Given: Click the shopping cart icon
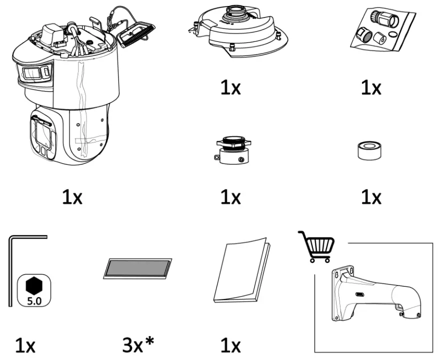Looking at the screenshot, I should (317, 246).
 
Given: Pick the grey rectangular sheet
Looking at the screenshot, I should (137, 268).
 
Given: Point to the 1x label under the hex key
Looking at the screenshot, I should (25, 345).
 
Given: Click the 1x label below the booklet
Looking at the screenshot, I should (230, 345).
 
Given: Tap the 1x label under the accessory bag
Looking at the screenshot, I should (371, 88).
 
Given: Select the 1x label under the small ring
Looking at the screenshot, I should (371, 197).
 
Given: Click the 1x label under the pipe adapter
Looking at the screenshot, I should (230, 197).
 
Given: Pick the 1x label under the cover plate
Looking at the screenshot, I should (230, 88).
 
